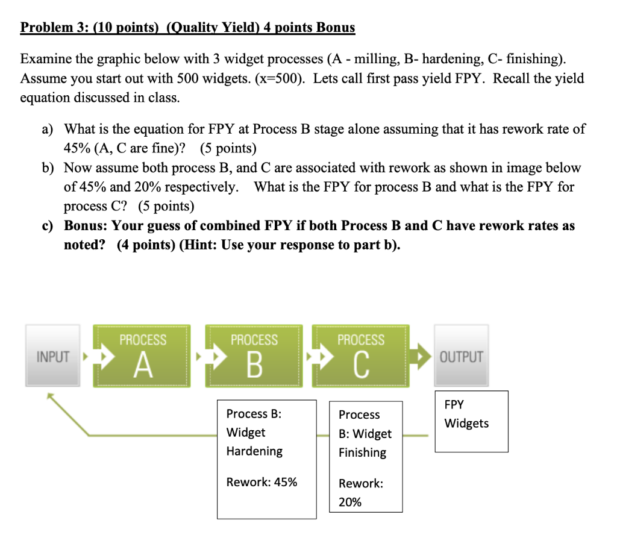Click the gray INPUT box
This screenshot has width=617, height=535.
point(53,355)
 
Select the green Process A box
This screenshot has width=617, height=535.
point(142,355)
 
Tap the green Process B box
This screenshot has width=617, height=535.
point(254,355)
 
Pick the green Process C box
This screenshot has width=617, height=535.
point(360,355)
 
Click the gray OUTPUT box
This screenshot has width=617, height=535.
point(462,355)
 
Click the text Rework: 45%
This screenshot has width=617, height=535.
point(262,482)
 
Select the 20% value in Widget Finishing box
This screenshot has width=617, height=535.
point(350,502)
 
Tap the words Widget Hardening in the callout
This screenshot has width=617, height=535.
point(254,442)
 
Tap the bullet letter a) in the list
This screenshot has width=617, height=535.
point(47,129)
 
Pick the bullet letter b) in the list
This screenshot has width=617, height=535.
point(47,167)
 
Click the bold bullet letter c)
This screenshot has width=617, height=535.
point(47,226)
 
